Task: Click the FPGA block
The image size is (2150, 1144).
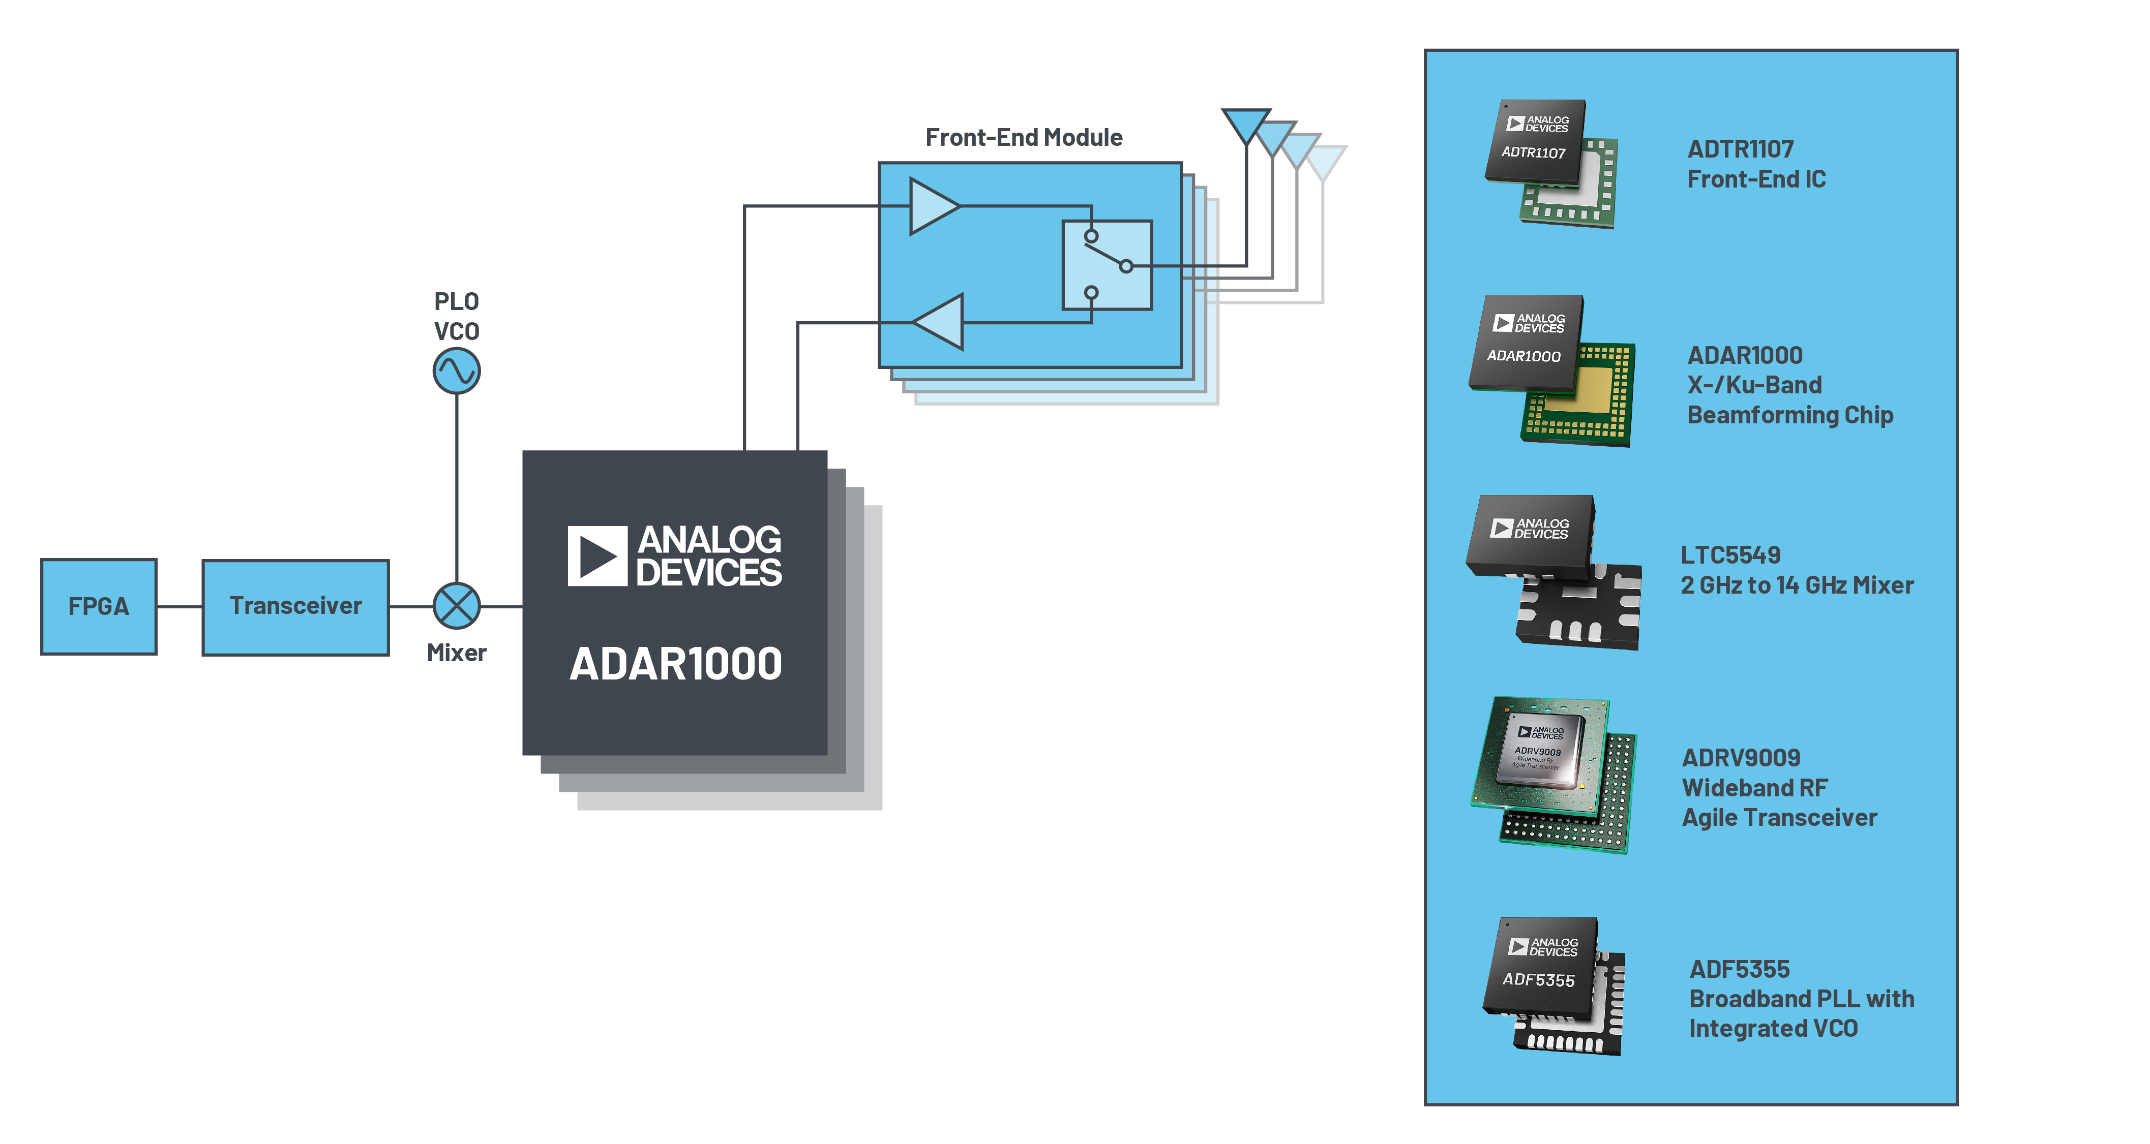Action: point(99,607)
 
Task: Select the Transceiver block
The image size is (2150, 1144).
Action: point(295,607)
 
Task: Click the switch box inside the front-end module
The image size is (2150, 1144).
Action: point(1107,265)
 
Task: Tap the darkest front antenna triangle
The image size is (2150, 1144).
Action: point(1246,123)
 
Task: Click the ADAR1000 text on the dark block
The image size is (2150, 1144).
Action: point(675,664)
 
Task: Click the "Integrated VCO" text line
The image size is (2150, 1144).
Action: point(1773,1029)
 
